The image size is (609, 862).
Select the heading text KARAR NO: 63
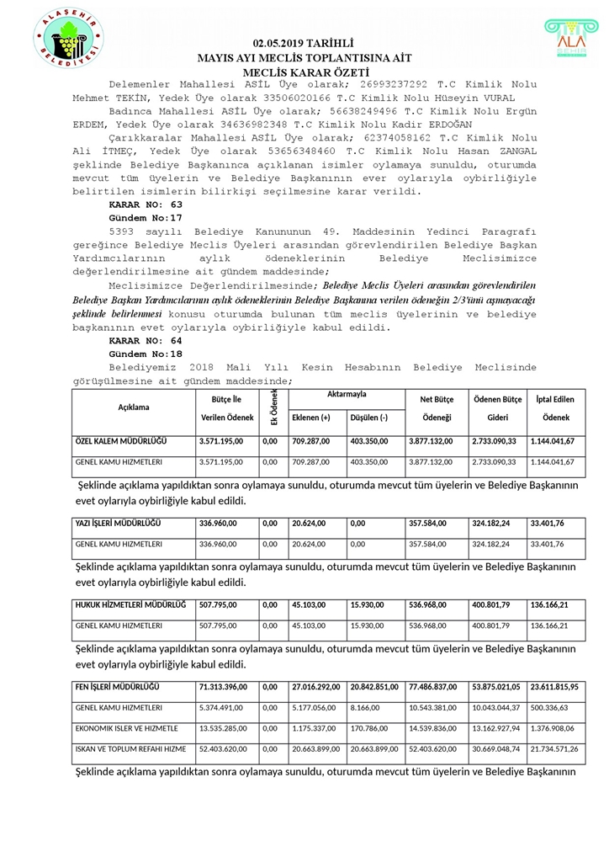tap(146, 205)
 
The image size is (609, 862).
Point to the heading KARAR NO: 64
tap(146, 340)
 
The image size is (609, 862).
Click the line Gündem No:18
tap(146, 354)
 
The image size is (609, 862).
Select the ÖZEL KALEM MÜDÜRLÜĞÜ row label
tap(121, 441)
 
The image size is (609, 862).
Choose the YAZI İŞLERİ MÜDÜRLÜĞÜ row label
tap(119, 523)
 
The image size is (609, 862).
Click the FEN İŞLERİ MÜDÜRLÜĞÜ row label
tap(117, 687)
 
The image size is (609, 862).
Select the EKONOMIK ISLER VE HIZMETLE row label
tap(126, 728)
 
